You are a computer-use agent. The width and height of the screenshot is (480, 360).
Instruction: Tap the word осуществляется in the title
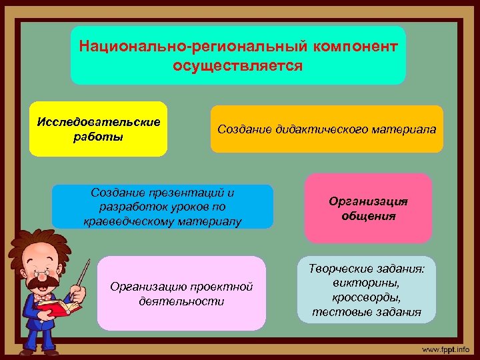pyautogui.click(x=237, y=66)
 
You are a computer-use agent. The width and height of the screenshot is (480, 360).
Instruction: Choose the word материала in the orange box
pyautogui.click(x=406, y=129)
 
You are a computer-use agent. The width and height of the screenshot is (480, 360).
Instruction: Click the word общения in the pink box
pyautogui.click(x=368, y=216)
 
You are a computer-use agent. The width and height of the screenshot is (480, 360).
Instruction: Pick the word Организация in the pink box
pyautogui.click(x=368, y=201)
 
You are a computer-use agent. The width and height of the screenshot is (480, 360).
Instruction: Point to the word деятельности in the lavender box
pyautogui.click(x=181, y=301)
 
